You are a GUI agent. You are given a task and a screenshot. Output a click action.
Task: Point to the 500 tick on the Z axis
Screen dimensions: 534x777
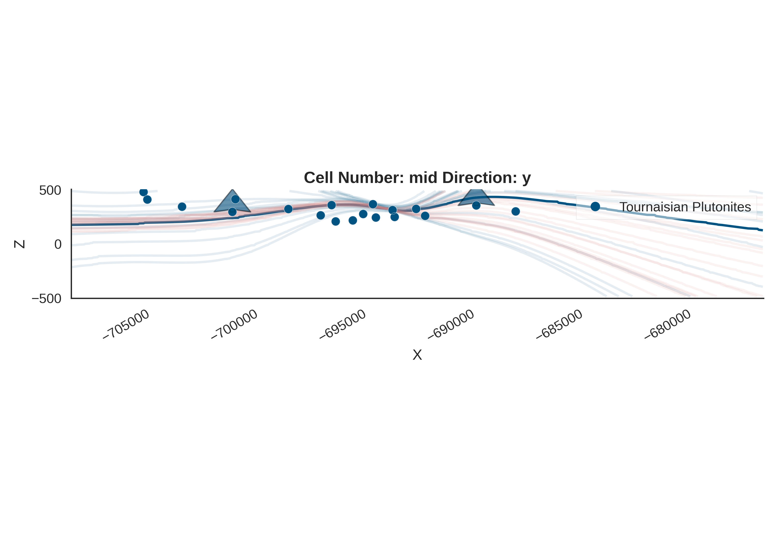coord(50,190)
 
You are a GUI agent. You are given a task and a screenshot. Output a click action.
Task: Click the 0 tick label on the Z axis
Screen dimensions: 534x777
coord(58,244)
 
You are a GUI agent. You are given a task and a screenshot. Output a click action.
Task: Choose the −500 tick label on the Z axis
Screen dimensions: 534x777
coord(47,298)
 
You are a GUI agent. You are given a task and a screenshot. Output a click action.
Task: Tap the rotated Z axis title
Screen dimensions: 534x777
coord(19,244)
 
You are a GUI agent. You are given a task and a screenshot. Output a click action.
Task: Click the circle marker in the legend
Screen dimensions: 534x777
coord(595,206)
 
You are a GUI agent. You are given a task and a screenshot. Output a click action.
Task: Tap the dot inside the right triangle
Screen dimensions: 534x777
coord(476,205)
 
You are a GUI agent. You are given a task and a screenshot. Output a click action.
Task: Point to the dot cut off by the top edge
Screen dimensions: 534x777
coord(143,192)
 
